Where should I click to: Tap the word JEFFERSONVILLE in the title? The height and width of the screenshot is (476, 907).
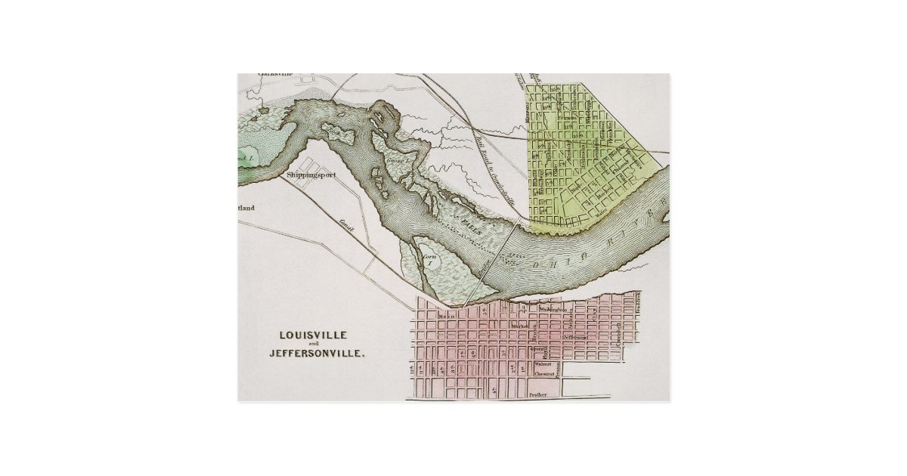coord(315,353)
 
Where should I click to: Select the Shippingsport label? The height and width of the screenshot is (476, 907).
coord(310,175)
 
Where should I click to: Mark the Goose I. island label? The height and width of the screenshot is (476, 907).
coord(397,161)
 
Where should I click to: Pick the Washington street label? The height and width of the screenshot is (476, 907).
coord(553,310)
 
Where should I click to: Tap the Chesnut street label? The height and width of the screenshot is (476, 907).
coord(545,374)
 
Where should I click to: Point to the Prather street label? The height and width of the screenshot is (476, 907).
coord(537,394)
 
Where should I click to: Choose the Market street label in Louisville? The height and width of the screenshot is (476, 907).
coord(519,326)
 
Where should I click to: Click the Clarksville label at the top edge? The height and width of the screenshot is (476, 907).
coord(274,74)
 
